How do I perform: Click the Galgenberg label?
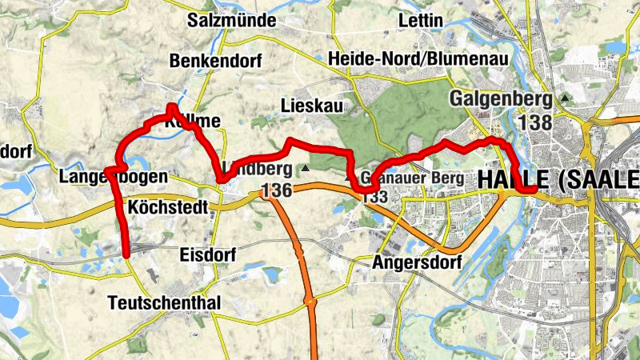pos(502,99)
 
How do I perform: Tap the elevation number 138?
pos(535,122)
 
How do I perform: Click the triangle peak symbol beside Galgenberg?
pos(566,98)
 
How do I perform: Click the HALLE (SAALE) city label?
pos(558,180)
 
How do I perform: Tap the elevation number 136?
pos(276,190)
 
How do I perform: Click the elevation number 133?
pos(375,197)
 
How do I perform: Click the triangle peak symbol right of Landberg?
pos(306,169)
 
